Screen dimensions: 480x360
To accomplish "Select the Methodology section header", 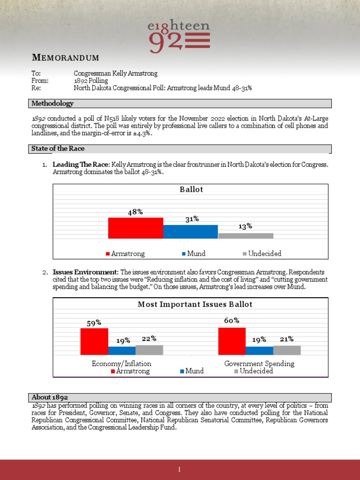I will pyautogui.click(x=52, y=103).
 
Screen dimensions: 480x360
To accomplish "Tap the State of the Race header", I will pyautogui.click(x=58, y=149).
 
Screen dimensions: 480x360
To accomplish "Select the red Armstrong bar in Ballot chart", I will pyautogui.click(x=135, y=228).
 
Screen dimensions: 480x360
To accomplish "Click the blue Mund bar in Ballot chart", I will pyautogui.click(x=190, y=232).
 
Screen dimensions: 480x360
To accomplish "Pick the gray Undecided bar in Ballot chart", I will pyautogui.click(x=246, y=236).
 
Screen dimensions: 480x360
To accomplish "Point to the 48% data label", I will pyautogui.click(x=135, y=212).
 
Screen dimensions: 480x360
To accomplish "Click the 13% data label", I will pyautogui.click(x=245, y=226).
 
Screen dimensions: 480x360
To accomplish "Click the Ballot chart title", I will pyautogui.click(x=191, y=190).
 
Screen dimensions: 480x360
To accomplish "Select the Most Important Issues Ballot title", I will pyautogui.click(x=195, y=305).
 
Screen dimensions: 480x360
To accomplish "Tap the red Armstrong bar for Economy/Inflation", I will pyautogui.click(x=94, y=341).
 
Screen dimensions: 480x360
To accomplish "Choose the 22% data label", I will pyautogui.click(x=149, y=338).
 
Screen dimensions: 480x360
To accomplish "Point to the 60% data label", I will pyautogui.click(x=232, y=321).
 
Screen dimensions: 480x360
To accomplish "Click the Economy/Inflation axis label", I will pyautogui.click(x=121, y=363).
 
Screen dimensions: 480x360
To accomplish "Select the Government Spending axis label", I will pyautogui.click(x=259, y=363).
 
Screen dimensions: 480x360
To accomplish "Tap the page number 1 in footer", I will pyautogui.click(x=180, y=470).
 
